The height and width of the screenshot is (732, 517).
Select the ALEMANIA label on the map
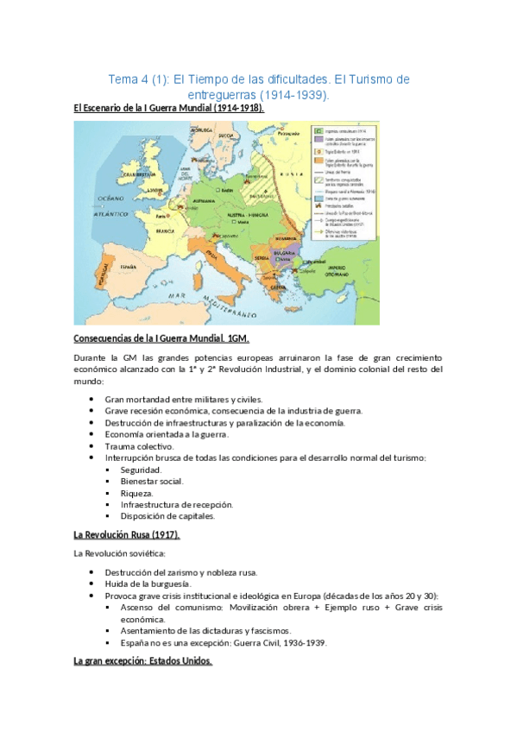(213, 198)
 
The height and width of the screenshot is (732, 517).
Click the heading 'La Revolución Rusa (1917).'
(127, 535)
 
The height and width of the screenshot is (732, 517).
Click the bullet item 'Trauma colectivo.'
(139, 446)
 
